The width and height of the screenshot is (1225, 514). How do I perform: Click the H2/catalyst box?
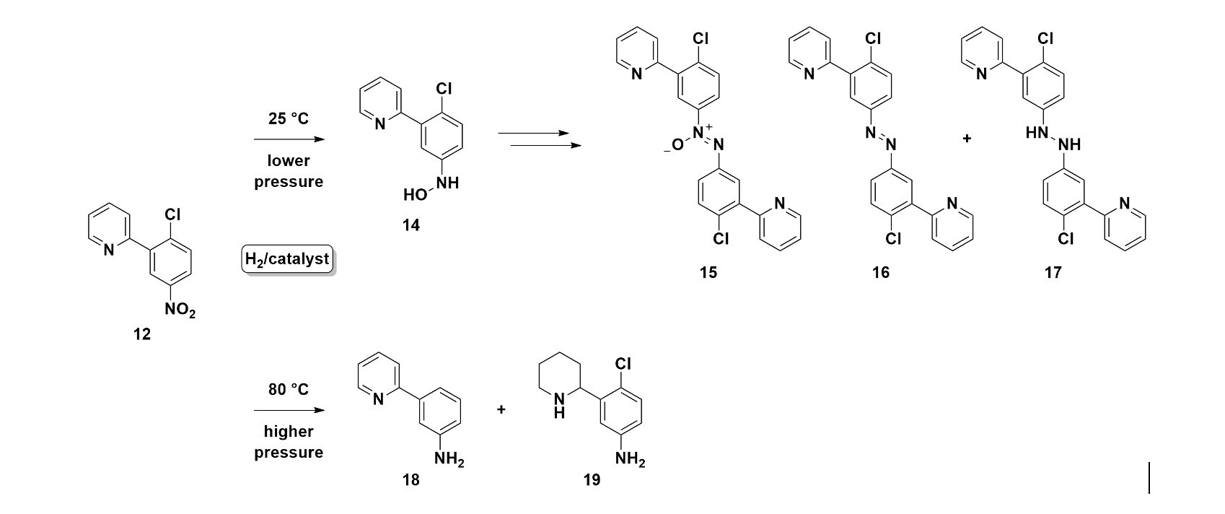[x=287, y=258]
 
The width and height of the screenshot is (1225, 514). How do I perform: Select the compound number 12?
[x=142, y=335]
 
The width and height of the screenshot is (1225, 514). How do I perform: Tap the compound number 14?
[x=410, y=226]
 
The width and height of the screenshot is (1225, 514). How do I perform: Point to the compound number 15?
[x=708, y=272]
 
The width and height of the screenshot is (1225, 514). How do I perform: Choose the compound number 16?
[x=880, y=272]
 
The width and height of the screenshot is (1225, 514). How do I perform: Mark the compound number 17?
[x=1053, y=272]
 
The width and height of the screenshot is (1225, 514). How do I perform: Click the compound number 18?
[x=410, y=479]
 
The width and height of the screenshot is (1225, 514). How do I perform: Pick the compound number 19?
[x=592, y=479]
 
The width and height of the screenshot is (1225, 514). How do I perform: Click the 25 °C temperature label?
[x=288, y=119]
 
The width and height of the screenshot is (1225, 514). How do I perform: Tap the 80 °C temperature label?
[x=288, y=390]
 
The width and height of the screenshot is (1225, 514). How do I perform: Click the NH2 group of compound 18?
[x=449, y=459]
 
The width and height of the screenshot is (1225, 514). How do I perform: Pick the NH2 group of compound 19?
[x=630, y=459]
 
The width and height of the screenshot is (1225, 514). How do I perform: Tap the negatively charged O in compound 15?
[x=675, y=146]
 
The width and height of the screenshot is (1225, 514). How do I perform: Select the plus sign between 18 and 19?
[x=501, y=410]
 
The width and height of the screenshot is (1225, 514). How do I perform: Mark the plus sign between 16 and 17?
[x=967, y=139]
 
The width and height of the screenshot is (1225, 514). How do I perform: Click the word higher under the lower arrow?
[x=288, y=432]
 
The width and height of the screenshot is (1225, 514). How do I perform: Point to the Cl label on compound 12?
[x=172, y=214]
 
